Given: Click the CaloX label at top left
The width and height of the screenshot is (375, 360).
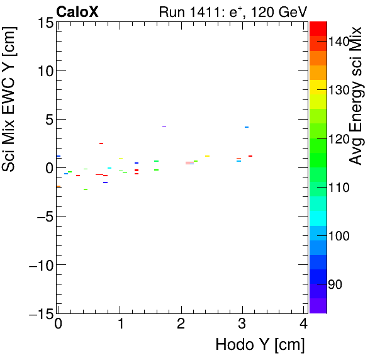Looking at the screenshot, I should point(77,11).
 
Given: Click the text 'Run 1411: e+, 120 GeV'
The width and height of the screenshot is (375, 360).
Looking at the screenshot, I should point(233,11).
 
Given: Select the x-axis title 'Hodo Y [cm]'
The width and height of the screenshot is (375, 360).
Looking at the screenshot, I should point(260,345).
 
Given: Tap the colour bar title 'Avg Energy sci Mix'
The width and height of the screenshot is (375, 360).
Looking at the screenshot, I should point(356,96).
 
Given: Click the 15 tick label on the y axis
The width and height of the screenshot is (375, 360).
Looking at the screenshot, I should point(44,23).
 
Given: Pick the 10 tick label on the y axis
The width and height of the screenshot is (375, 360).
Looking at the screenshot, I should point(44,71).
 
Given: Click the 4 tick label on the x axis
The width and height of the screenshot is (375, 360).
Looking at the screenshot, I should point(304,324).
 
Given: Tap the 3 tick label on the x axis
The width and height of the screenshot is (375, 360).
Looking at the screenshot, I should point(242,324).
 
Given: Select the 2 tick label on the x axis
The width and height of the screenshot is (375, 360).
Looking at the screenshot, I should point(181,324).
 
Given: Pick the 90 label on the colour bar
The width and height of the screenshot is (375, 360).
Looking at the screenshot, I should point(335,284).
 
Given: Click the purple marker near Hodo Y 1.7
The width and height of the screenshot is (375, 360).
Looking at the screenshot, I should point(164,126).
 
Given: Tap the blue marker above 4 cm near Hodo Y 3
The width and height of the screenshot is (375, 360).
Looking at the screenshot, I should point(247,127).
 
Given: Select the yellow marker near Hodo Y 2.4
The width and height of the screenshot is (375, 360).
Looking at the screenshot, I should point(207,156).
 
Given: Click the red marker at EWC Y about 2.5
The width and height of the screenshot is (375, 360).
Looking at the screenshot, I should point(101,143).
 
